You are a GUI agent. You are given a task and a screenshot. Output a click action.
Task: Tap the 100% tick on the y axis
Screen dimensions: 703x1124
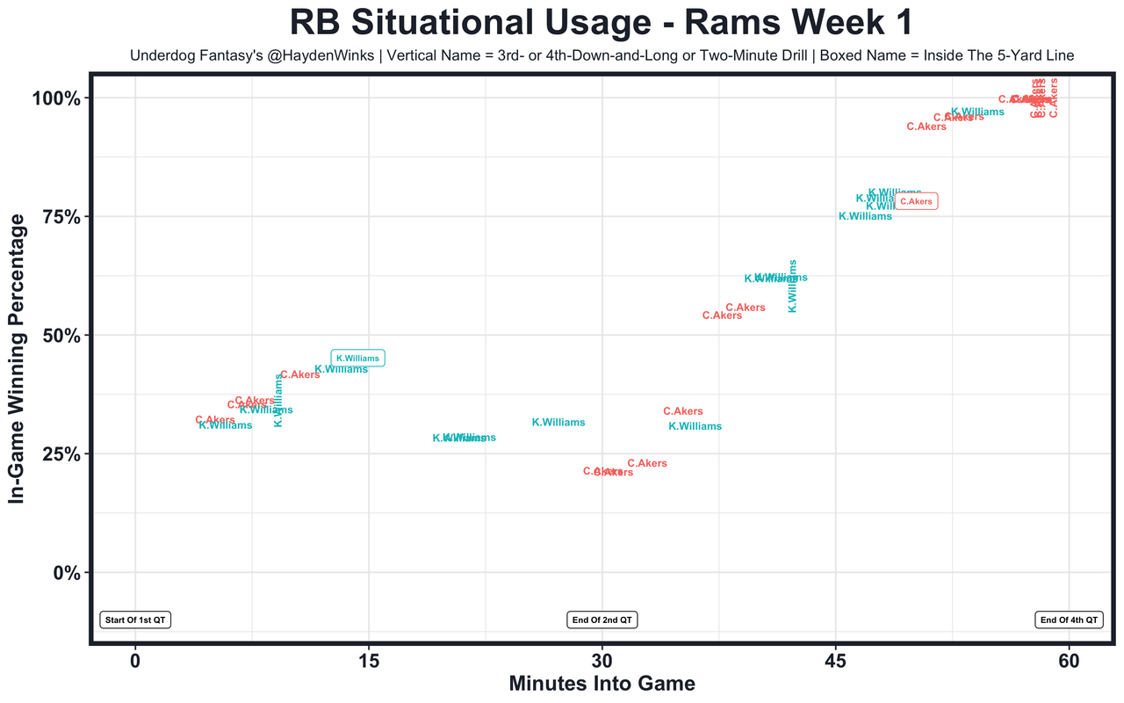(x=57, y=98)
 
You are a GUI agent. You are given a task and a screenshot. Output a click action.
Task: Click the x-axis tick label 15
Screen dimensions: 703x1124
(x=369, y=660)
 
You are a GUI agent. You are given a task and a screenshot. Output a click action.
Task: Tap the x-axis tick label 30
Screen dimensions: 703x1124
(x=602, y=660)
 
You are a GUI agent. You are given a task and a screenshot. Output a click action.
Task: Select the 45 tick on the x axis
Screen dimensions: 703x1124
(x=835, y=660)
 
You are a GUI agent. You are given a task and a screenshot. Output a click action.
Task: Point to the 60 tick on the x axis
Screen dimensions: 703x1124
(x=1068, y=660)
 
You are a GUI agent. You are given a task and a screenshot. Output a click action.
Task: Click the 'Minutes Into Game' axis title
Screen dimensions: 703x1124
(x=602, y=684)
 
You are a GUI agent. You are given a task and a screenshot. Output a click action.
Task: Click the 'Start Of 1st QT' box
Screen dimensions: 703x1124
(x=135, y=620)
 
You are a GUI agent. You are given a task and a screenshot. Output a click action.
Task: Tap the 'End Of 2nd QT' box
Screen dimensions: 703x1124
(x=602, y=620)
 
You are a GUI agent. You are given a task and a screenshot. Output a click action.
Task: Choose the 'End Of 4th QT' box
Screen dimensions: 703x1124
(x=1069, y=620)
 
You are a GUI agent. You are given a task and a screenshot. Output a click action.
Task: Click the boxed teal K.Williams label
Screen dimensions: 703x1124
(x=357, y=359)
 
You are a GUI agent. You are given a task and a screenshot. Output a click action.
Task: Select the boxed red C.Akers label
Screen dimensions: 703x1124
(x=916, y=201)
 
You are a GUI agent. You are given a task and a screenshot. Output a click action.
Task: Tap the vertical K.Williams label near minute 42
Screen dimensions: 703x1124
(x=793, y=286)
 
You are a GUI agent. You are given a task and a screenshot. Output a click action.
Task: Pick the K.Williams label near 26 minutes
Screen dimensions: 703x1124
(x=558, y=423)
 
